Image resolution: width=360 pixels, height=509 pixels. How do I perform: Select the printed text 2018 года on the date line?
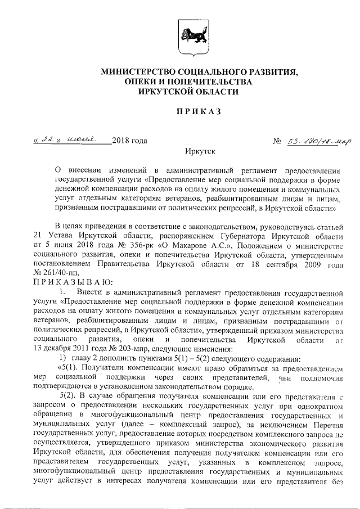pyautogui.click(x=129, y=140)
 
